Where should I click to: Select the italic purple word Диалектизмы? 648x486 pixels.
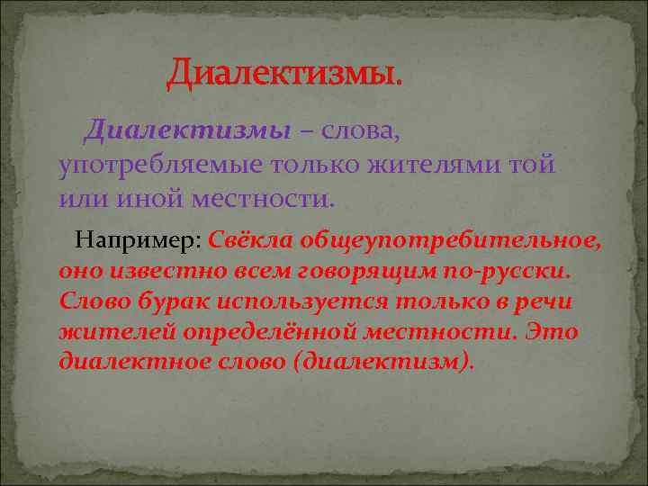pyautogui.click(x=187, y=131)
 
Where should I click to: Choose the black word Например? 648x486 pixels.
pyautogui.click(x=138, y=240)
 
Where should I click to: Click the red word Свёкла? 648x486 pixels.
pyautogui.click(x=251, y=240)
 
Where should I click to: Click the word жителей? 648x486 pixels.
pyautogui.click(x=116, y=332)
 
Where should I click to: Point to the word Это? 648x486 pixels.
pyautogui.click(x=552, y=332)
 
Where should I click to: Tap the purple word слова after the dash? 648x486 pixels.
pyautogui.click(x=358, y=131)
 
